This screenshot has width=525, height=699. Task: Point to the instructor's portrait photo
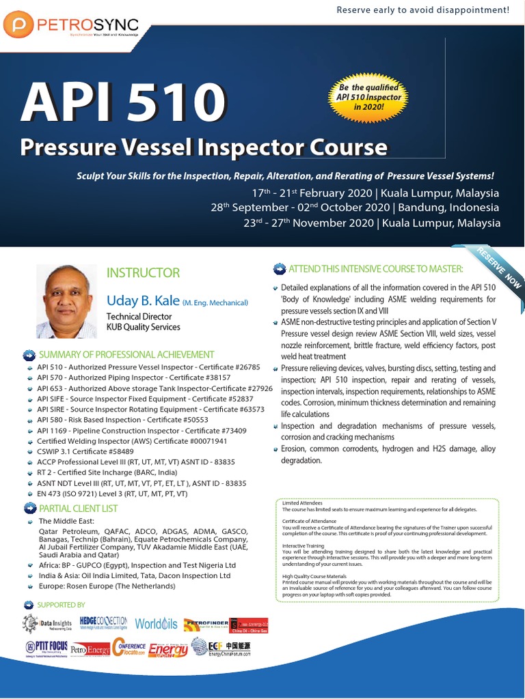pos(66,301)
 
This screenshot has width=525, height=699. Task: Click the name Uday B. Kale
pos(143,300)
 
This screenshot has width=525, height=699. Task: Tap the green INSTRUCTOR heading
pos(143,273)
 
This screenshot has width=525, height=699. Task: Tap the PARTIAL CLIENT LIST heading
pos(78,508)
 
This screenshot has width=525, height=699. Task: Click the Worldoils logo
pos(156,624)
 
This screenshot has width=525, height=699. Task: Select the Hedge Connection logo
pos(104,623)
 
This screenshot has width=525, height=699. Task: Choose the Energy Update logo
pos(167,648)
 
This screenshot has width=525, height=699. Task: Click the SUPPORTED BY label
pos(61,605)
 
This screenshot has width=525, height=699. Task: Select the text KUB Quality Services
pos(143,327)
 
